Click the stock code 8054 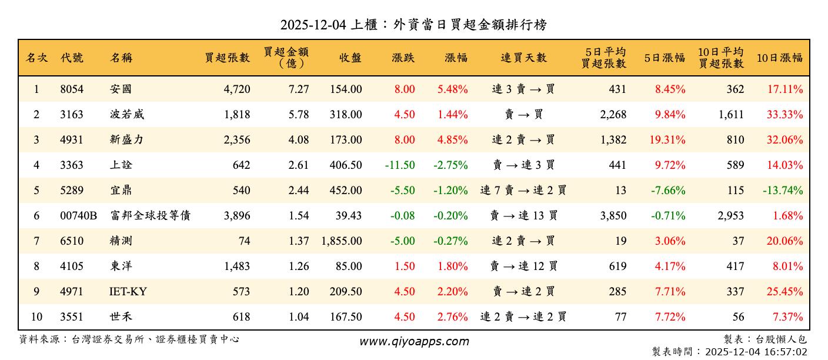coord(72,89)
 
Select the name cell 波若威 coord(126,115)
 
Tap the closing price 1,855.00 coord(342,241)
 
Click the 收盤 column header coord(350,58)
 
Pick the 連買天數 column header coord(523,58)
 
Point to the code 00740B coord(78,216)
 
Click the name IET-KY coord(128,292)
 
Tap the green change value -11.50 coord(400,165)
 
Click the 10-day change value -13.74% coord(783,191)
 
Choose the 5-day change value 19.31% coord(670,140)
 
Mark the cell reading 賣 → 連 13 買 coord(523,216)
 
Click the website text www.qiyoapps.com coord(414,341)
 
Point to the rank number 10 coord(36,317)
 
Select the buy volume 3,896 coord(237,216)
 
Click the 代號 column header coord(72,58)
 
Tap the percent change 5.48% coord(453,89)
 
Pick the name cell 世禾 coord(121,317)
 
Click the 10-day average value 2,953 coord(731,216)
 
